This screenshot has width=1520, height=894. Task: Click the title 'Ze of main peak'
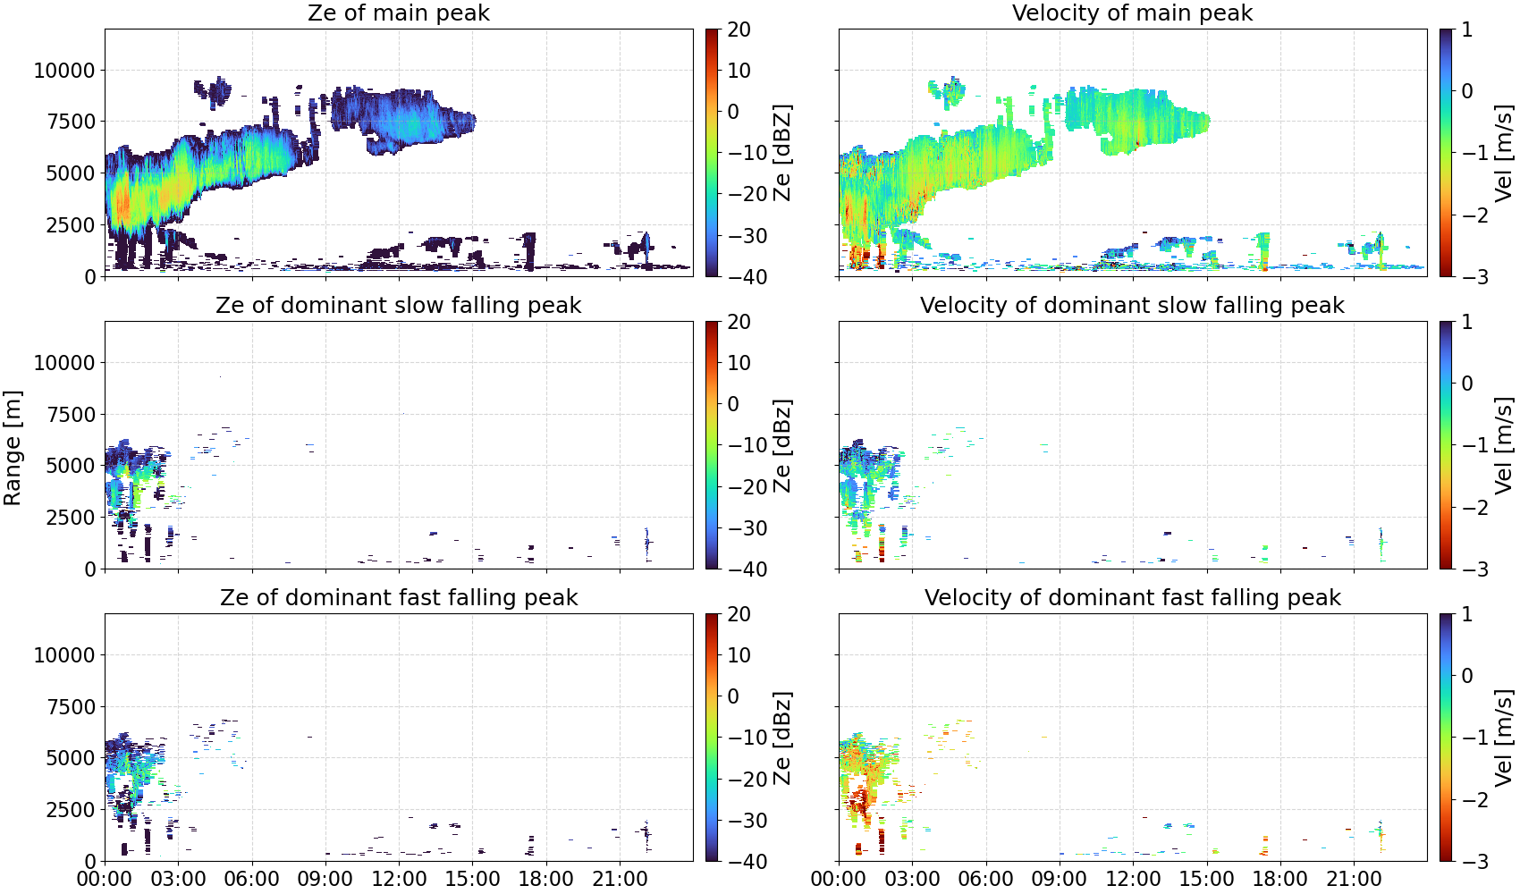tap(398, 13)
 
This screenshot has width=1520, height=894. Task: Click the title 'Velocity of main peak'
tap(1133, 13)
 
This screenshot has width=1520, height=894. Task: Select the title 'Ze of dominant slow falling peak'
tap(398, 306)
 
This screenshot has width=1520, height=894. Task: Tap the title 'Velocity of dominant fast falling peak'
tap(1133, 598)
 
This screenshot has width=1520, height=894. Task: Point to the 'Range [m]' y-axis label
tap(13, 448)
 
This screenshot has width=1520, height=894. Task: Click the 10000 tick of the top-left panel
tap(65, 71)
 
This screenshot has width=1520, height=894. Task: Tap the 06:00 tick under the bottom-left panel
tap(252, 880)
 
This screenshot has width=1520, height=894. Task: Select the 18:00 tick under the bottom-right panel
tap(1280, 880)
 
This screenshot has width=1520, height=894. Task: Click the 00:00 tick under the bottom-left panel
tap(105, 880)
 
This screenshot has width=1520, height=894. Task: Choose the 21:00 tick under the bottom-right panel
tap(1354, 880)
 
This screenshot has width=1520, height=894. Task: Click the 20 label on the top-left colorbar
tap(739, 30)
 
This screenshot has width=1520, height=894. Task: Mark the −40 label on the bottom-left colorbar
tap(747, 862)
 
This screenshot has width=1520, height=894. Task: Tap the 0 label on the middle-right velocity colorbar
tap(1467, 384)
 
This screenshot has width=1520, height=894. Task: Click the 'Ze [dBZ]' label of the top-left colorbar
tap(782, 153)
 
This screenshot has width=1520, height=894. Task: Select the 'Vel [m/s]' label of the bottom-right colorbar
tap(1504, 738)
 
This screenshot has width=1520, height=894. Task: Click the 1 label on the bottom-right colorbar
tap(1467, 614)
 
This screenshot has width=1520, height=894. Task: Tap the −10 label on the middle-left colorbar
tap(747, 445)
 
